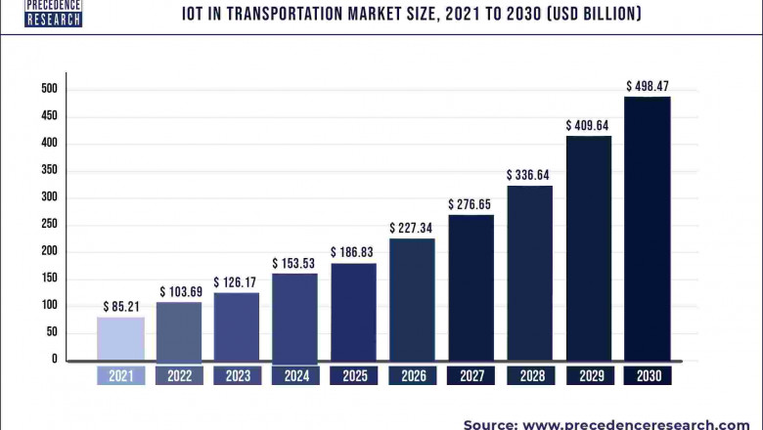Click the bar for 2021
120,339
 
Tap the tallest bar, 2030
648,229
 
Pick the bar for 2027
471,287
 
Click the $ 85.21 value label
120,307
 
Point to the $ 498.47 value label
648,86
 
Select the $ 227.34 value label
412,228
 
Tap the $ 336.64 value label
528,175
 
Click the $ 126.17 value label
236,282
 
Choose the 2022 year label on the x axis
178,375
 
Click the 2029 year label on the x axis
589,375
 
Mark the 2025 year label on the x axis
353,375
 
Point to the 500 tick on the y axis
48,89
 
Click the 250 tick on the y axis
48,224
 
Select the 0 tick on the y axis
55,359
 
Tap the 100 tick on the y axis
48,305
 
